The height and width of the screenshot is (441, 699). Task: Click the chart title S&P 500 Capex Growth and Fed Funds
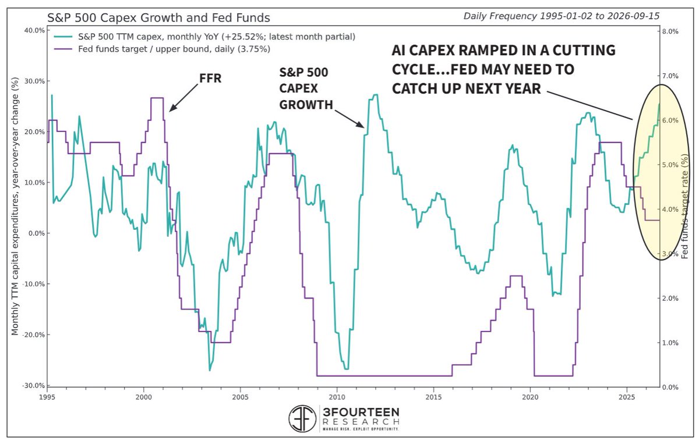pos(158,18)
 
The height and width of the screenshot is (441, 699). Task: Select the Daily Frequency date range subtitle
pos(562,16)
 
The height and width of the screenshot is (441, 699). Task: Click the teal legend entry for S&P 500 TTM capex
pos(204,37)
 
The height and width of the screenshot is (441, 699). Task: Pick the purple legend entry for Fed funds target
pos(162,49)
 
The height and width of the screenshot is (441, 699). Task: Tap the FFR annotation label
pos(210,78)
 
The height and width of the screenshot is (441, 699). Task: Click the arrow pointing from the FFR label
pos(184,98)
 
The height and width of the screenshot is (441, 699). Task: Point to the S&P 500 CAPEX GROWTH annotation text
pos(306,88)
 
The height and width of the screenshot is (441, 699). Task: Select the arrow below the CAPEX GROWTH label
pos(349,119)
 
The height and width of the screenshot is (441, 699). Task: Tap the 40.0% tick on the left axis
pos(34,30)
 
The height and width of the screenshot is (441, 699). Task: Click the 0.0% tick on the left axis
pos(37,233)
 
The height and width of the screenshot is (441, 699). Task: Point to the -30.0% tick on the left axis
pos(33,386)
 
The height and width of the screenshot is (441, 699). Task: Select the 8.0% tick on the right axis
pos(670,31)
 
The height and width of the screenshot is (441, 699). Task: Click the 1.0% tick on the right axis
pos(670,343)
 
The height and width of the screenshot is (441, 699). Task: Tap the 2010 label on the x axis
pos(337,397)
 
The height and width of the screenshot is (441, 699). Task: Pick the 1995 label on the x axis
pos(47,397)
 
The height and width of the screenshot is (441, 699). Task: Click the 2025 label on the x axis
pos(627,397)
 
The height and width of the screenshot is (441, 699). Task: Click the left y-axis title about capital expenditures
pos(15,206)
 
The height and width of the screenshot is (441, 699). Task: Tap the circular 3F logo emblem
pos(302,418)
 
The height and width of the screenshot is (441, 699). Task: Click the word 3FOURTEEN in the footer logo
pos(361,412)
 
